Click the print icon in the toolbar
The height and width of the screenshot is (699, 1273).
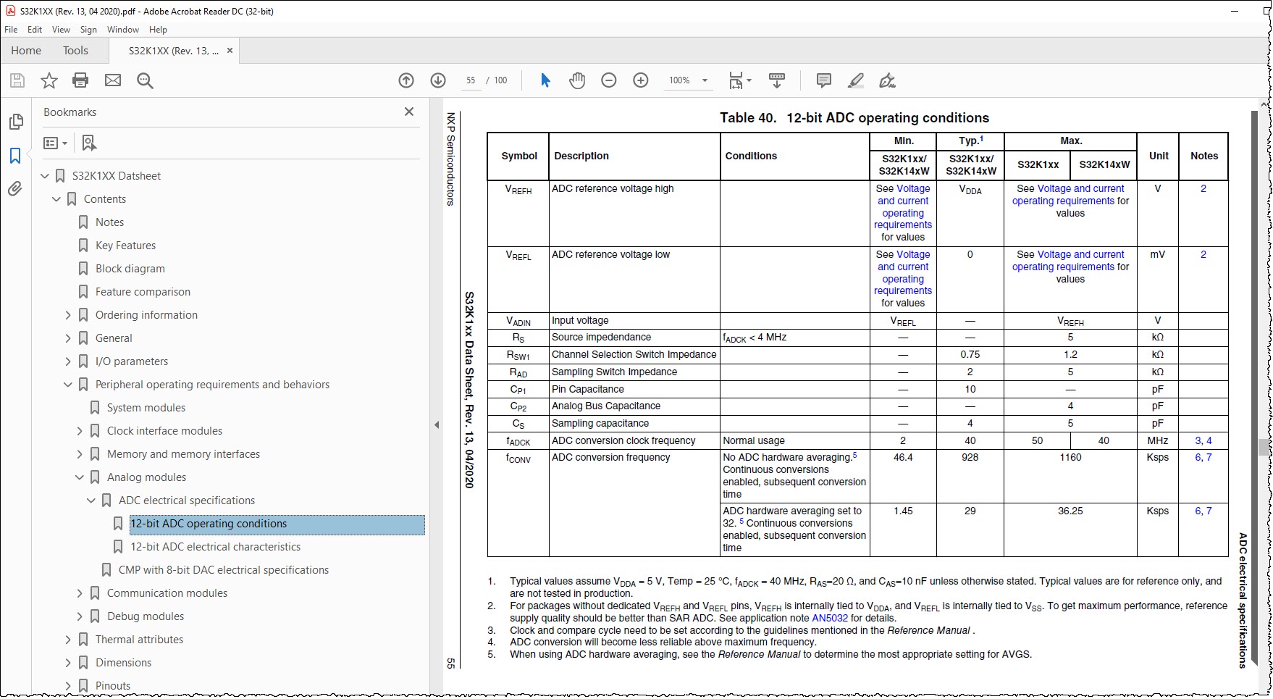coord(80,80)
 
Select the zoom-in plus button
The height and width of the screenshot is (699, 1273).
coord(641,80)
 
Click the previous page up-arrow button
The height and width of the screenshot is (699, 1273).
coord(406,80)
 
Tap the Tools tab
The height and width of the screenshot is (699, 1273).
coord(75,51)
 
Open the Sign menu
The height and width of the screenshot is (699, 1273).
coord(88,30)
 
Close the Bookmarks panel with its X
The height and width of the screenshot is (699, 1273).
coord(409,112)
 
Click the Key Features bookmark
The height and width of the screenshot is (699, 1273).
coord(125,246)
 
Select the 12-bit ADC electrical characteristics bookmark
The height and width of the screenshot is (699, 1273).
coord(215,547)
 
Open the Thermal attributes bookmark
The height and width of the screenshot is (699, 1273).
coord(139,640)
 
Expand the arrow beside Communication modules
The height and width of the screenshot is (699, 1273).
coord(80,593)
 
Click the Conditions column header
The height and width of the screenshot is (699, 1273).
coord(751,156)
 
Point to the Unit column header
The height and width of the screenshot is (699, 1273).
coord(1159,156)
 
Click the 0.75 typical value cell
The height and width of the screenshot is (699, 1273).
coord(970,355)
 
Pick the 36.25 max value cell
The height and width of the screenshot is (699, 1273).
coord(1070,511)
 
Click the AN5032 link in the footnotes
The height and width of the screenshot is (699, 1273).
coord(830,619)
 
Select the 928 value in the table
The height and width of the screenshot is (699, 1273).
coord(970,458)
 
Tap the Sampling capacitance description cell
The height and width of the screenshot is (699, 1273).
coord(600,424)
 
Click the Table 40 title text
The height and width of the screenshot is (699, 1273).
coord(854,118)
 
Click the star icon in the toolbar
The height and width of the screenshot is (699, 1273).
coord(49,80)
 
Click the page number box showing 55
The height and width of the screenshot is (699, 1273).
coord(471,80)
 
